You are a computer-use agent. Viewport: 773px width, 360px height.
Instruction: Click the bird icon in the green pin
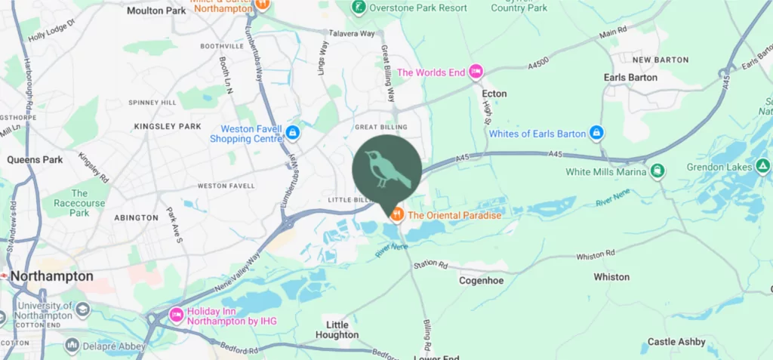click(387, 170)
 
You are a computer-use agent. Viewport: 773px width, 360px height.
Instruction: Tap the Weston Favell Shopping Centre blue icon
click(293, 134)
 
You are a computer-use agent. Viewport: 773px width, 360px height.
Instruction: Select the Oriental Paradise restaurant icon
click(396, 215)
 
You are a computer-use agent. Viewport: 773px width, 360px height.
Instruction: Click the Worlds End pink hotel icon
click(476, 72)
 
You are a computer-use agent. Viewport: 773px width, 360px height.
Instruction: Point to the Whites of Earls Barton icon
click(596, 134)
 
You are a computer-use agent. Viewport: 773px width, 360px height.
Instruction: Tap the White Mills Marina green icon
click(658, 171)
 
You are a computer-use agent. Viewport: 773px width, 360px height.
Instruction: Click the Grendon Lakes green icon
click(762, 166)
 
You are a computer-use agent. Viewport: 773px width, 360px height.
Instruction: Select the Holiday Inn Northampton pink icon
click(177, 314)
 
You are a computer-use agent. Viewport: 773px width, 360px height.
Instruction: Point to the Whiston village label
click(611, 277)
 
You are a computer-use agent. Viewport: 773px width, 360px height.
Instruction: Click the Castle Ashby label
click(676, 342)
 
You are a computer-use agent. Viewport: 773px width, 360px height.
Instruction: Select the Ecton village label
click(494, 94)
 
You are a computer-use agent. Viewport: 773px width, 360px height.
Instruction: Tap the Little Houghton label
click(337, 330)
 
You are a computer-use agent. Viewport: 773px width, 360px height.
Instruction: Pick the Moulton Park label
click(156, 11)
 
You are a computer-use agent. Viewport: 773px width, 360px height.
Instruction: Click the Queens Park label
click(35, 160)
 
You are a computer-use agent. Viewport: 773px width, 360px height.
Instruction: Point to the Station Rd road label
click(431, 265)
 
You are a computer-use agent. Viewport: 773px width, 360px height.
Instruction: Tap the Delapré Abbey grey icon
click(72, 346)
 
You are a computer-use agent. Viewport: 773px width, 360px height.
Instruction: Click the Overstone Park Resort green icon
click(360, 8)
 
